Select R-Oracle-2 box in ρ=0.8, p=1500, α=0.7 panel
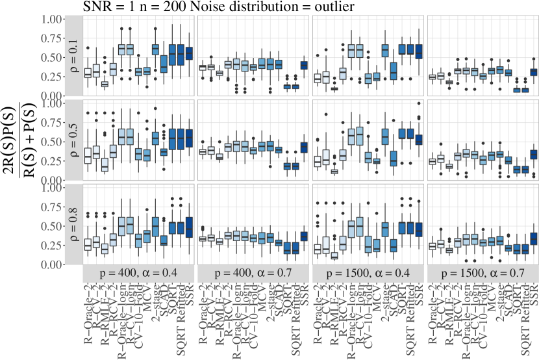[432, 246]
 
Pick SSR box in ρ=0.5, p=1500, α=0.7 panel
[534, 154]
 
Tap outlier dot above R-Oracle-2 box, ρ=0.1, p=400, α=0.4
[88, 48]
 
